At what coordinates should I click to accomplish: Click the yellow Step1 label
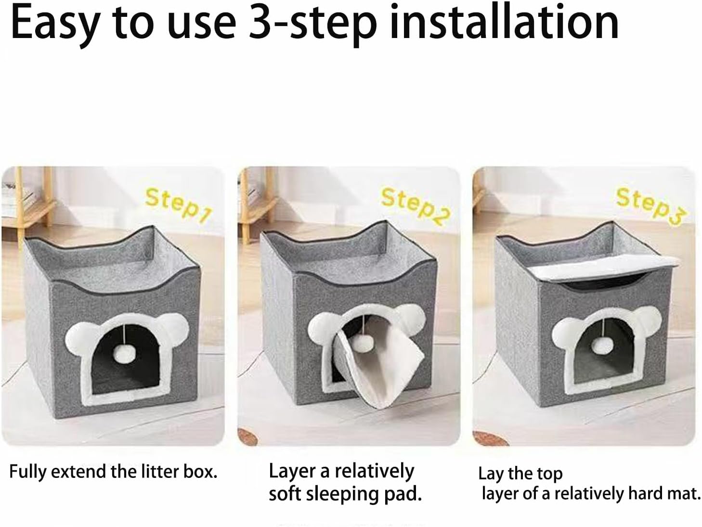pos(178,205)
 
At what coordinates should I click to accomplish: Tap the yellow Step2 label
pos(415,206)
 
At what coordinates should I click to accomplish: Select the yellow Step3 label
pos(649,205)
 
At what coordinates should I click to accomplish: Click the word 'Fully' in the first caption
pos(28,472)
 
